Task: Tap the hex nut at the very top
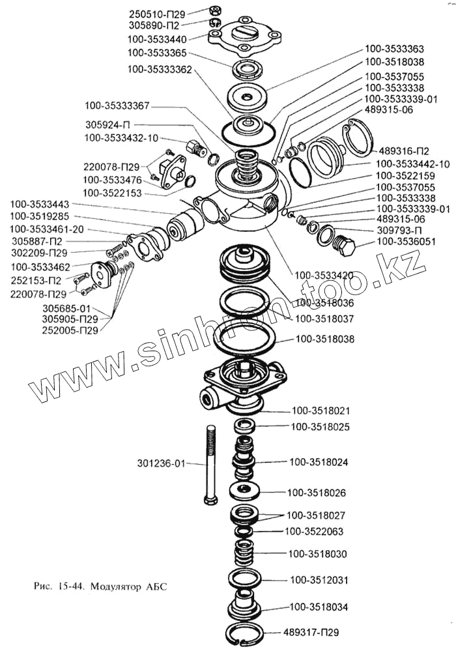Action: pyautogui.click(x=215, y=10)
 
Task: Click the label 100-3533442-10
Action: pyautogui.click(x=412, y=164)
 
